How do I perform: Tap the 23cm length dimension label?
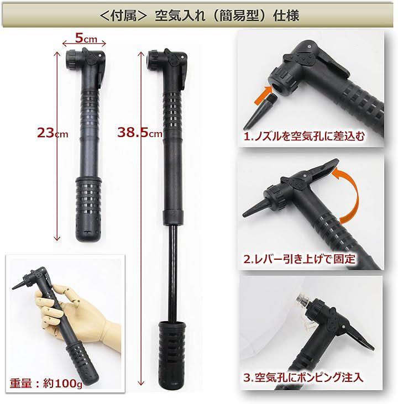(53, 133)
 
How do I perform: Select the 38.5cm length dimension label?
(140, 133)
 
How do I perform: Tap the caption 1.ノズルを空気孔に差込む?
(304, 137)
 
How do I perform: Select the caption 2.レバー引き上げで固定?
(299, 259)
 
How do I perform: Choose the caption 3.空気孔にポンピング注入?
(303, 377)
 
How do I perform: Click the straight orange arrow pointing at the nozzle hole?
(263, 96)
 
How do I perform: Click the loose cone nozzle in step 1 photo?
(260, 112)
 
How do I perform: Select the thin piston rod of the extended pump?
(172, 274)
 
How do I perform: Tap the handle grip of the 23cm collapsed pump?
(88, 209)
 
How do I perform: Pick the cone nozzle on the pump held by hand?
(19, 284)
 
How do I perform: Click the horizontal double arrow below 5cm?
(84, 44)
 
